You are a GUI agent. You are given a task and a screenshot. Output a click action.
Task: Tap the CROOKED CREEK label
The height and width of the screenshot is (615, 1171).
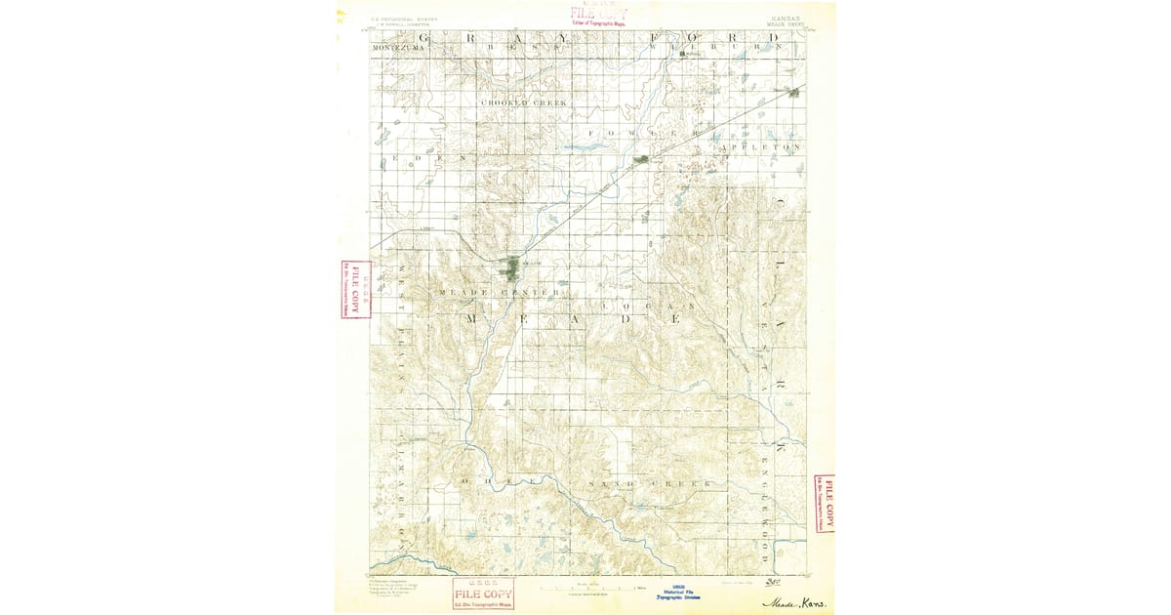pos(523,102)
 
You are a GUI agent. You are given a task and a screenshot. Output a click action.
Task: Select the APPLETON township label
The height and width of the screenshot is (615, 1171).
pos(760,147)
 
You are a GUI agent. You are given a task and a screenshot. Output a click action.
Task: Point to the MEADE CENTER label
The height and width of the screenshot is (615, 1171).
pos(500,292)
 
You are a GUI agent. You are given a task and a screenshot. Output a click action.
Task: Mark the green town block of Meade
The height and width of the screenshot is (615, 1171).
pos(511,266)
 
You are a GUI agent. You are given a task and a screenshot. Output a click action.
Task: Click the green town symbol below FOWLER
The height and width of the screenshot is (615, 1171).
pos(641,158)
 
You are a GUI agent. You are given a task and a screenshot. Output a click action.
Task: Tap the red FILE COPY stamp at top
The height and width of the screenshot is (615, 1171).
pos(598,15)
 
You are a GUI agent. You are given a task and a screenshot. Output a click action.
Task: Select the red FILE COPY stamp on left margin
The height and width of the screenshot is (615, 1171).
pos(355,289)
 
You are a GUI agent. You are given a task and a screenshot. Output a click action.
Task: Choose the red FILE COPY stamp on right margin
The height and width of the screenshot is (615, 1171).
pos(824,504)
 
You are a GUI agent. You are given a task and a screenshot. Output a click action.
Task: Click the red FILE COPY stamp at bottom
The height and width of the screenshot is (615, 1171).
pos(483,594)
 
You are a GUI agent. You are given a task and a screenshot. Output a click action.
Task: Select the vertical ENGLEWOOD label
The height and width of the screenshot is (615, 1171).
pos(766,508)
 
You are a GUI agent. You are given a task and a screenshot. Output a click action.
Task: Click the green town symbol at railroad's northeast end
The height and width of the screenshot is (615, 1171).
pos(794,93)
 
